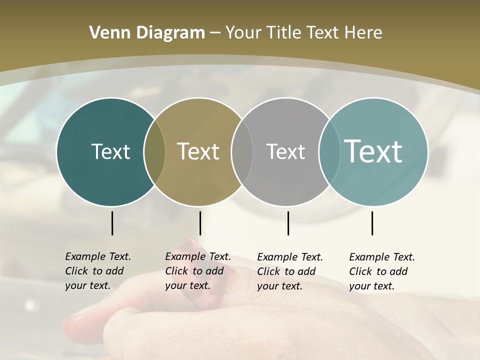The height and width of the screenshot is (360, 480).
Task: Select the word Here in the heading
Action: [363, 33]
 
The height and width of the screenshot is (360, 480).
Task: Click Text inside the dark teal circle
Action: [110, 151]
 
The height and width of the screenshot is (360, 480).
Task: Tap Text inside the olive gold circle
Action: [198, 151]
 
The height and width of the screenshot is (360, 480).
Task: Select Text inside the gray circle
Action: [285, 151]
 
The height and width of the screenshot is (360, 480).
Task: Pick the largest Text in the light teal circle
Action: [373, 151]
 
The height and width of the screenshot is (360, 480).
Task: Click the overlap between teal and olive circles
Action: [154, 152]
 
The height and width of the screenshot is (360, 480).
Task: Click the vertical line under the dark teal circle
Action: [112, 223]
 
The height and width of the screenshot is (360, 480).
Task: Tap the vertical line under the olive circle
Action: [200, 223]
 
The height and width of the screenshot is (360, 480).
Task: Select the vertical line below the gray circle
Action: [288, 223]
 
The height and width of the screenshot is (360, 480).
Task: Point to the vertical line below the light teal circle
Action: [372, 223]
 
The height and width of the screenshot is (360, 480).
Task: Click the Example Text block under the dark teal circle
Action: [97, 271]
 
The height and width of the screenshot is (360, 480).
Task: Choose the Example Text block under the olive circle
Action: [197, 271]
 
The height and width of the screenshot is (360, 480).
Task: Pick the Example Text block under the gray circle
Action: [289, 271]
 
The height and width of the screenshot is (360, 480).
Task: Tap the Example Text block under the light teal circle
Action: [381, 271]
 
